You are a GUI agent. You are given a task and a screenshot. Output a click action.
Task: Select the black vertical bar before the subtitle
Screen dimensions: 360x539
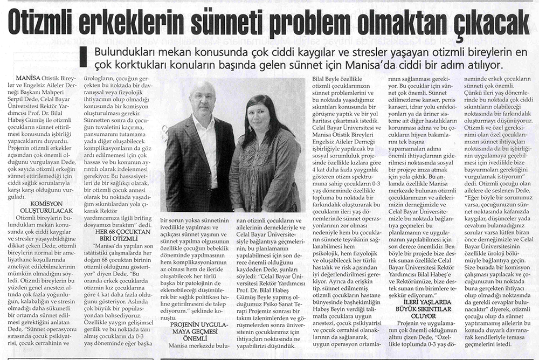(83, 58)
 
